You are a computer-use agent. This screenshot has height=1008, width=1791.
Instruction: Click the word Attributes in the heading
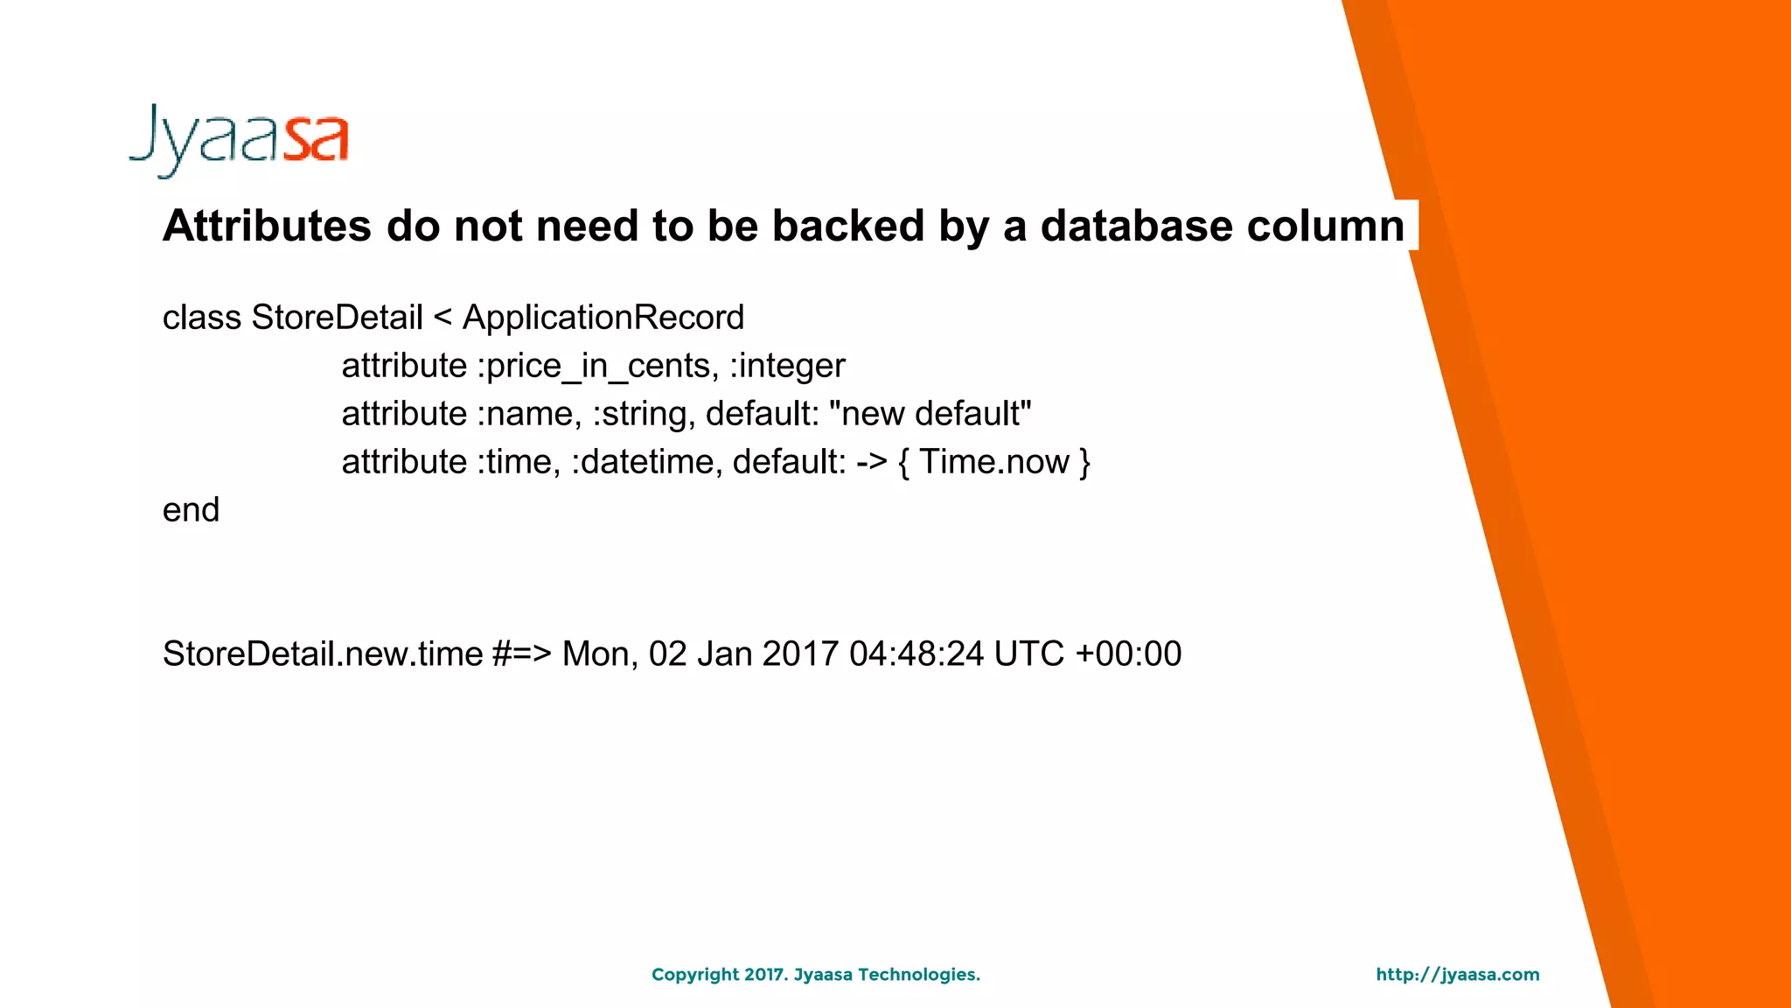click(267, 227)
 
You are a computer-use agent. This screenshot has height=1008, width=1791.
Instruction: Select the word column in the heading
click(1326, 227)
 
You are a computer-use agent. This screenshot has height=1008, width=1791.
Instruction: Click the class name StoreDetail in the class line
click(337, 318)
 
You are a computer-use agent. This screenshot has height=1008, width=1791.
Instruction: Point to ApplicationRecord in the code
click(603, 318)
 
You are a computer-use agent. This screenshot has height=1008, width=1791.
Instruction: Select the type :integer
click(787, 366)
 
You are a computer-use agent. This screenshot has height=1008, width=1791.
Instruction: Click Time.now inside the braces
click(994, 462)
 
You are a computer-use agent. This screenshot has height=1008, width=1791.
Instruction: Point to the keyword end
click(191, 510)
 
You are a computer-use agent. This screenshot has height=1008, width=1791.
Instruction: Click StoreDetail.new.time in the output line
click(323, 654)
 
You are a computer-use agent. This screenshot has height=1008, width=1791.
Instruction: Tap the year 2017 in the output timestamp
click(800, 654)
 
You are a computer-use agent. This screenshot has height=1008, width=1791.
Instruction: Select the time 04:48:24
click(916, 654)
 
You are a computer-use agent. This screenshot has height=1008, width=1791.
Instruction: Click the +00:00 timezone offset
click(1128, 654)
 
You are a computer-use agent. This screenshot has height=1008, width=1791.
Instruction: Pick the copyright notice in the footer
click(816, 975)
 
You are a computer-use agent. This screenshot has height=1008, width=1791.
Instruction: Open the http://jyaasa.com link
click(1458, 975)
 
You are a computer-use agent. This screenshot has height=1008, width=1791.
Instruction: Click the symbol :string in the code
click(643, 414)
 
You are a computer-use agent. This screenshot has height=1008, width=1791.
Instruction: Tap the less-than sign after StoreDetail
click(443, 318)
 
